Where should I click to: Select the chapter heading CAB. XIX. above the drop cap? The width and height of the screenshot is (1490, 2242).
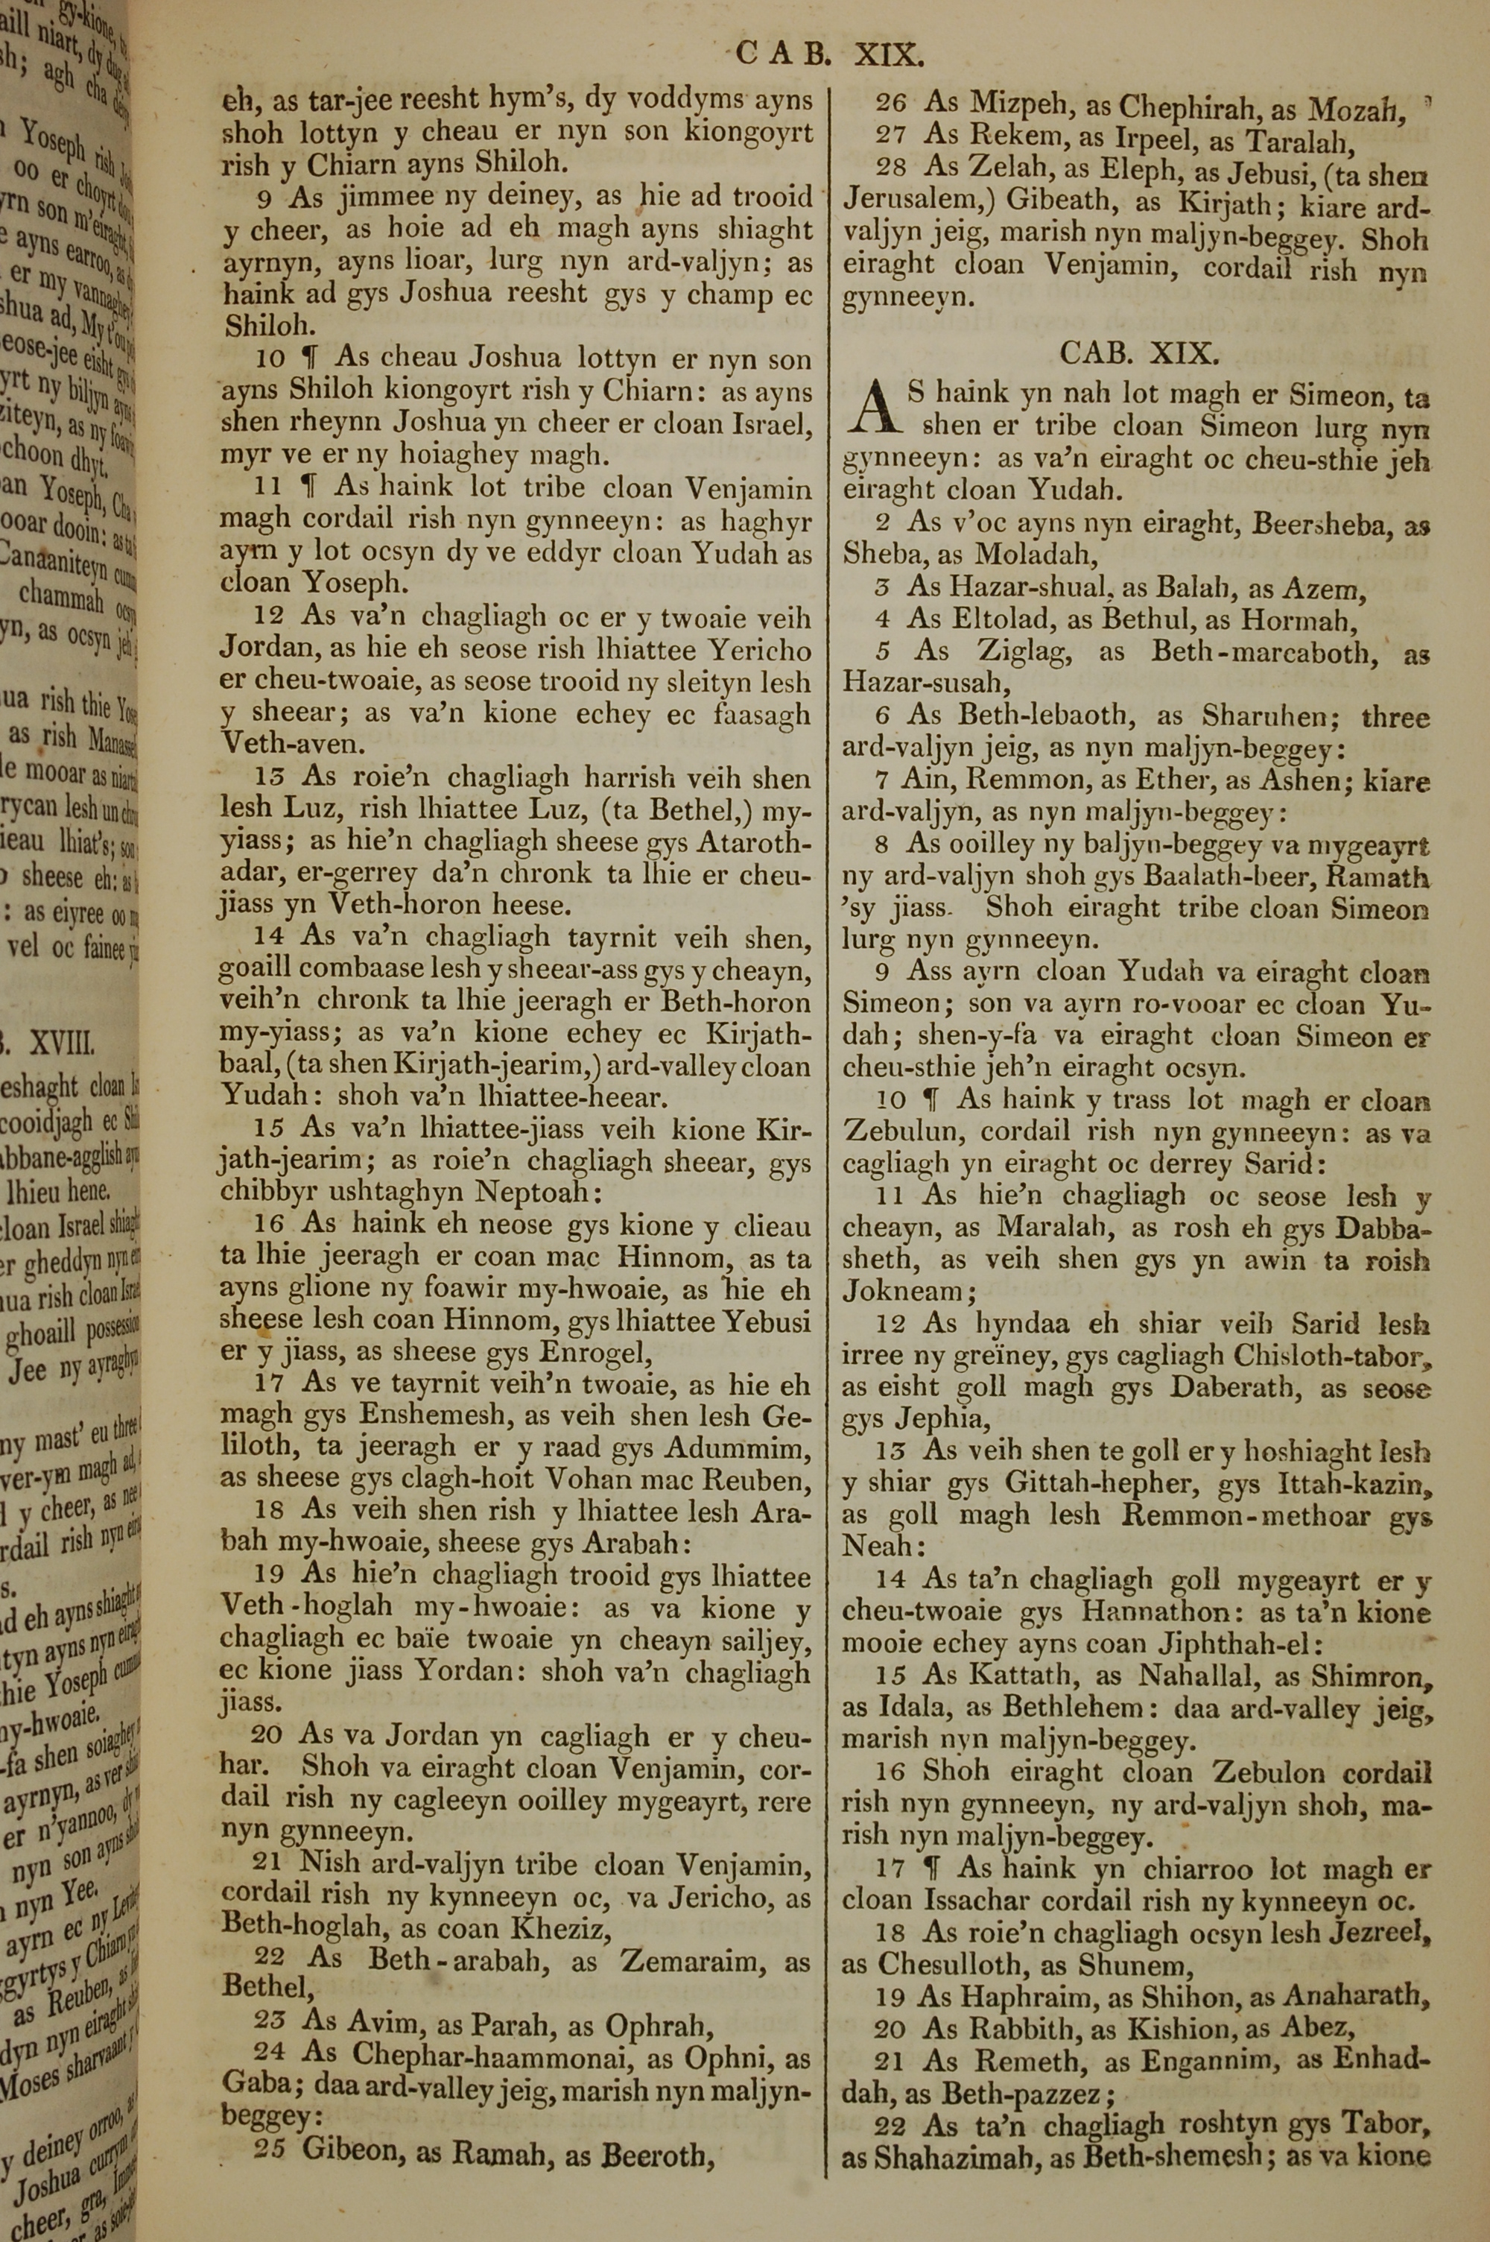(x=1138, y=355)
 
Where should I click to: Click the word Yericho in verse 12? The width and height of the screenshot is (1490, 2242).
(x=766, y=652)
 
